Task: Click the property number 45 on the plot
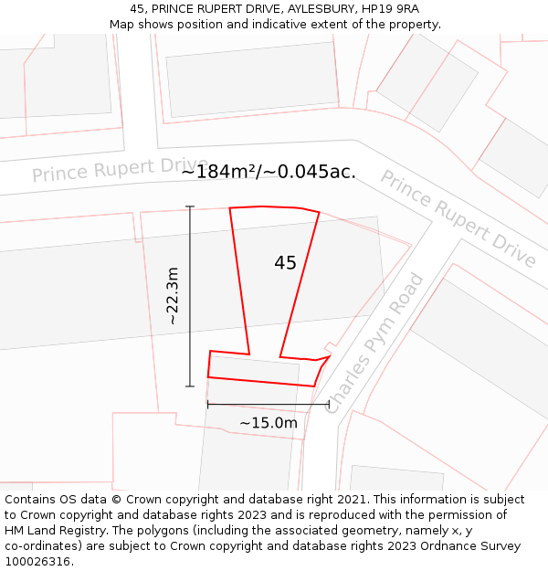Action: point(285,263)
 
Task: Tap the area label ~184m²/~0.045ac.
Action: point(268,172)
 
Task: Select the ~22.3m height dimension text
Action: point(173,296)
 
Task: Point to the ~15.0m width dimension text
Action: point(268,423)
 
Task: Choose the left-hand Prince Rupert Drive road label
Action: point(120,168)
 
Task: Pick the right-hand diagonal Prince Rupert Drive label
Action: point(458,219)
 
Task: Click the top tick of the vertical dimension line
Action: point(190,207)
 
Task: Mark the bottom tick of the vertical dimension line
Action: point(190,386)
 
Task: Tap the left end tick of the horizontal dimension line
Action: point(208,403)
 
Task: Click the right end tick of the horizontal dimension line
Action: point(329,403)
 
